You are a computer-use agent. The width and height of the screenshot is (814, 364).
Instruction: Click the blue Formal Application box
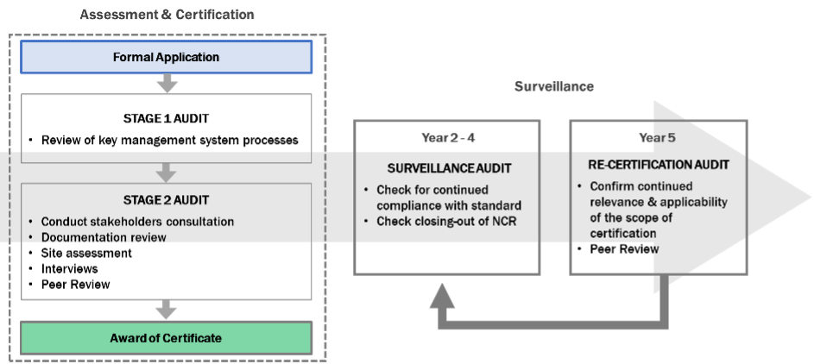[166, 58]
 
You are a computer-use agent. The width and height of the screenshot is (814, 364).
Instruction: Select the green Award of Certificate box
[166, 338]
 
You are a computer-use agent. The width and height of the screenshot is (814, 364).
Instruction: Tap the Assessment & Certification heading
[167, 15]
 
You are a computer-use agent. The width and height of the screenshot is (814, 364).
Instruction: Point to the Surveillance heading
[553, 87]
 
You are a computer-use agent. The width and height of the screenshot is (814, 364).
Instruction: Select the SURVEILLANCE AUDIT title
[446, 169]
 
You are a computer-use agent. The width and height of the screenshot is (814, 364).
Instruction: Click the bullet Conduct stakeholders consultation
[137, 222]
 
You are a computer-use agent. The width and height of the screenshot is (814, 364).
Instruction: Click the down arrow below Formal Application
[166, 84]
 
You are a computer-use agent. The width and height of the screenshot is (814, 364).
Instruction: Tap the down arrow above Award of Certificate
[166, 310]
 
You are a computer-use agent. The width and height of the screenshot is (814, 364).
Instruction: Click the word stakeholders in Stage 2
[132, 222]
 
